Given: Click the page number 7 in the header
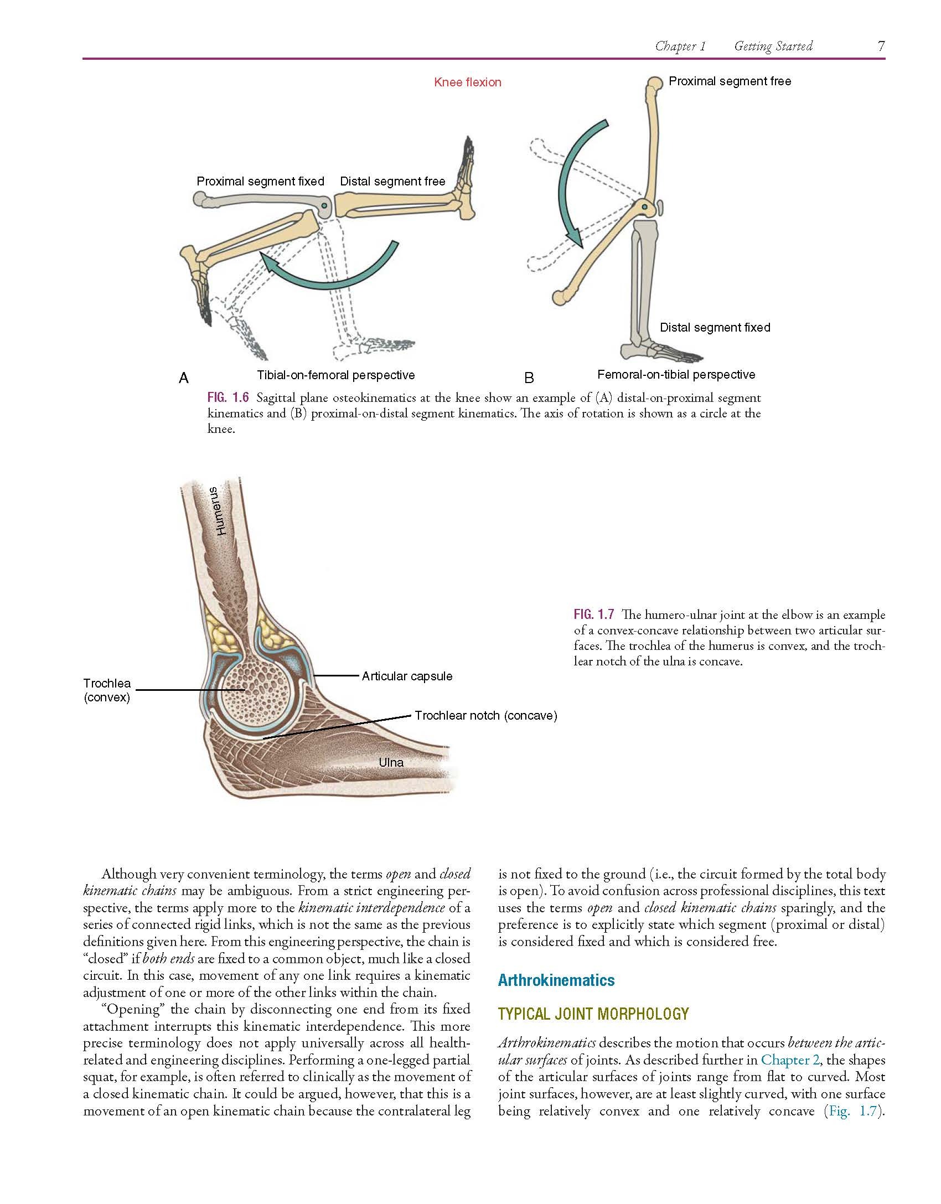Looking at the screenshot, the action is click(x=881, y=46).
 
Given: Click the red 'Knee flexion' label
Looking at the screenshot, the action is click(x=468, y=82).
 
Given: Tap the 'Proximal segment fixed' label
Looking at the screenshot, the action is click(x=260, y=182).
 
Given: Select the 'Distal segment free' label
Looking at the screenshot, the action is click(x=392, y=182).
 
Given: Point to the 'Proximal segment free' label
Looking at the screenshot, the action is click(x=730, y=81).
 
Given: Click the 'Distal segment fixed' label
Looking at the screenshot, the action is click(x=715, y=328).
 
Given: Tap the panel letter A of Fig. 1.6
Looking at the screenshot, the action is click(x=184, y=378).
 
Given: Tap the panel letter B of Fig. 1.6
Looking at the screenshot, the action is click(x=529, y=378).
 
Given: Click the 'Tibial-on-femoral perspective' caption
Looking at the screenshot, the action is click(x=336, y=375).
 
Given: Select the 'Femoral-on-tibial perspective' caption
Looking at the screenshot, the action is click(x=676, y=375).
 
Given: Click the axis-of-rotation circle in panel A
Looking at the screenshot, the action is click(x=324, y=205).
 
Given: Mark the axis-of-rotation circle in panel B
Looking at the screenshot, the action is click(x=644, y=207).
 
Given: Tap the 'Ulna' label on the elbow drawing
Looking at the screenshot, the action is click(x=391, y=763).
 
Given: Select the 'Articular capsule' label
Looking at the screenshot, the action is click(x=407, y=676).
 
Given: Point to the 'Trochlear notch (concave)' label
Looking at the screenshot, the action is click(x=486, y=716).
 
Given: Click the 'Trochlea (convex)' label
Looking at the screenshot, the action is click(x=107, y=690).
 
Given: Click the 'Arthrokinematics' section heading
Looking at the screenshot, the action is click(x=556, y=980).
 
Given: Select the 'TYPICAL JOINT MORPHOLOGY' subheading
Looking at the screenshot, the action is click(x=593, y=1014).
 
